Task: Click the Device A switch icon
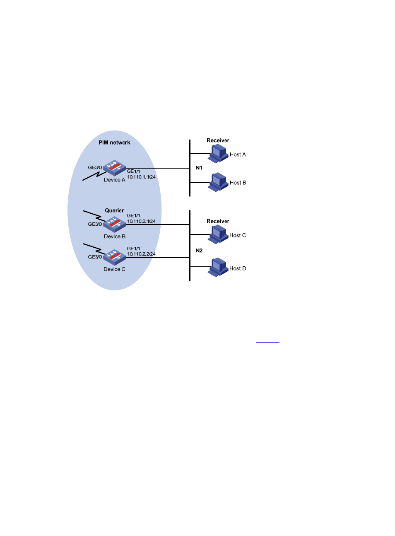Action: pyautogui.click(x=114, y=168)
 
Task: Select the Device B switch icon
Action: pyautogui.click(x=114, y=225)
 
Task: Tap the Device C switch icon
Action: pyautogui.click(x=114, y=258)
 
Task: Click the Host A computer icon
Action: pyautogui.click(x=218, y=154)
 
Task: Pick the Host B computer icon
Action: pyautogui.click(x=218, y=182)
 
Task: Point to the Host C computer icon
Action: pyautogui.click(x=218, y=234)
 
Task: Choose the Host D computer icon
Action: pyautogui.click(x=218, y=267)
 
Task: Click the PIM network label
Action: pyautogui.click(x=114, y=142)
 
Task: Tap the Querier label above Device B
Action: pyautogui.click(x=114, y=210)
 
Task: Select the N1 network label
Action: pyautogui.click(x=199, y=168)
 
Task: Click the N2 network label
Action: pyautogui.click(x=199, y=251)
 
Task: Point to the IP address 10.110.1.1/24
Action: pyautogui.click(x=141, y=177)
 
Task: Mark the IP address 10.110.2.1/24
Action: pyautogui.click(x=141, y=221)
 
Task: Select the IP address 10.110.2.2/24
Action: pyautogui.click(x=141, y=254)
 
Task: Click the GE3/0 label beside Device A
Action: pyautogui.click(x=95, y=167)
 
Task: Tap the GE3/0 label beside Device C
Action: pyautogui.click(x=95, y=257)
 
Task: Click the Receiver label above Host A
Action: pyautogui.click(x=218, y=140)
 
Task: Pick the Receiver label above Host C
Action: pyautogui.click(x=218, y=221)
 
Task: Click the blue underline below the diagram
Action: pyautogui.click(x=268, y=342)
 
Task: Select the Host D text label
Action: pyautogui.click(x=238, y=268)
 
